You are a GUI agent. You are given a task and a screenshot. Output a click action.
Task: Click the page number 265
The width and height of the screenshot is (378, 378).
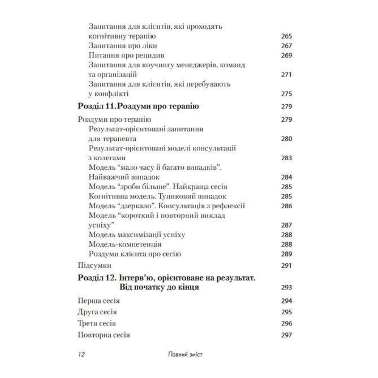287,37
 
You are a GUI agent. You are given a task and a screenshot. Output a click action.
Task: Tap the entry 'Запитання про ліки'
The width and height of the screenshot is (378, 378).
122,46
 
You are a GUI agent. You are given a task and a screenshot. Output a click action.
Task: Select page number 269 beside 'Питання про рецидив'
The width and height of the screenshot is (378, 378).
287,56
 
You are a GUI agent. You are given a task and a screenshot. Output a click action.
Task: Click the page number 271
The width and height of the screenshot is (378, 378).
287,74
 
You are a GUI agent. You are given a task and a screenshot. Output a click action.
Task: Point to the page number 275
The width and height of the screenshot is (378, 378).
287,94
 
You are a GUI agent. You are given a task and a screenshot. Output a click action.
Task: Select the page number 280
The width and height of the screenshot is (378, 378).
287,139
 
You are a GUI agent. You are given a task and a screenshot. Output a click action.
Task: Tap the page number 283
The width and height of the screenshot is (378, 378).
287,158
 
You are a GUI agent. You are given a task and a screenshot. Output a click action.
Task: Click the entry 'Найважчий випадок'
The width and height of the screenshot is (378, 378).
124,177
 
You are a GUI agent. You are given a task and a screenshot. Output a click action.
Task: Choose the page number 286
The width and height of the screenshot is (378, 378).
287,206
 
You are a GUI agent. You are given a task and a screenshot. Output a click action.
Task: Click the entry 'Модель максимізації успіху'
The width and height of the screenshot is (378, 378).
137,235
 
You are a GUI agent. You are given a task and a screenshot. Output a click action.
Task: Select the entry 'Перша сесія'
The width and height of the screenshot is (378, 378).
98,301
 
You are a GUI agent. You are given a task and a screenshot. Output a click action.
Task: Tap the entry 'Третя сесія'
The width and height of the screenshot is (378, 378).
96,324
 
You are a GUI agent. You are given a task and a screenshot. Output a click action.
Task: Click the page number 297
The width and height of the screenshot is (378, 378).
287,335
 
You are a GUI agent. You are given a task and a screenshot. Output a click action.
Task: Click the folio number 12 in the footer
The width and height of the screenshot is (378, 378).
81,355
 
